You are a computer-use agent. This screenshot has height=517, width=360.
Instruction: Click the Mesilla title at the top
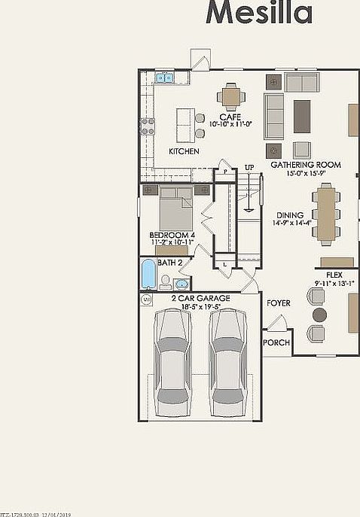tap(260, 13)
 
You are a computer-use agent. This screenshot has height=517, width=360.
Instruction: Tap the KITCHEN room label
tap(184, 151)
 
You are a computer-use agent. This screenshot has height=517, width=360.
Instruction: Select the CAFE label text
tap(230, 117)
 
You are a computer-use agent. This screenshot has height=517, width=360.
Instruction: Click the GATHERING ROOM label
tap(305, 164)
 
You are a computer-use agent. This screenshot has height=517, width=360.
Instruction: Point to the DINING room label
tap(290, 214)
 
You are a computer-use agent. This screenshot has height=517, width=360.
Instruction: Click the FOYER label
tap(279, 303)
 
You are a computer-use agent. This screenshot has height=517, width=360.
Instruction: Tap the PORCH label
tap(276, 342)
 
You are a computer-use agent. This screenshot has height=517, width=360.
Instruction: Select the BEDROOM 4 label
tap(172, 235)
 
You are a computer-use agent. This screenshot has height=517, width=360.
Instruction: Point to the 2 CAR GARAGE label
tap(200, 298)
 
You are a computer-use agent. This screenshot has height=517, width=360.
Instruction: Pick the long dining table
tap(327, 214)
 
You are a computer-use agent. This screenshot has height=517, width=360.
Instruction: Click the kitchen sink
tap(164, 77)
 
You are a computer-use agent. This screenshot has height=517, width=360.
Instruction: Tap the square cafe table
tap(230, 96)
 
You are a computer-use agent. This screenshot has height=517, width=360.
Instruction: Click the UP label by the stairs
tap(249, 166)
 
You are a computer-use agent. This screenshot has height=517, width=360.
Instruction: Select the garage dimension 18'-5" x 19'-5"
tap(200, 307)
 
